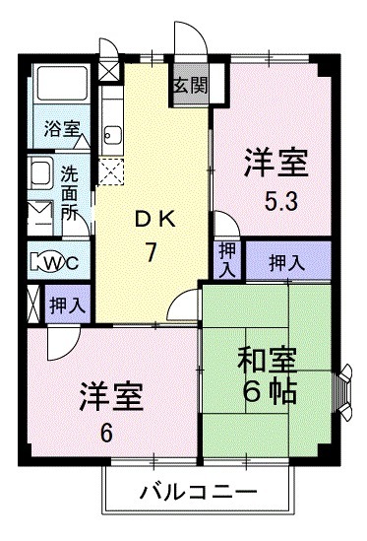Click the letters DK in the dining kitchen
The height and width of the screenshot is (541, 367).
pyautogui.click(x=152, y=220)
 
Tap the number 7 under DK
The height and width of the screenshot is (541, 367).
pyautogui.click(x=153, y=253)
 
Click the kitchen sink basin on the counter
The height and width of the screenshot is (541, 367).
pyautogui.click(x=111, y=135)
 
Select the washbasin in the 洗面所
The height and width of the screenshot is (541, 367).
pyautogui.click(x=39, y=175)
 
